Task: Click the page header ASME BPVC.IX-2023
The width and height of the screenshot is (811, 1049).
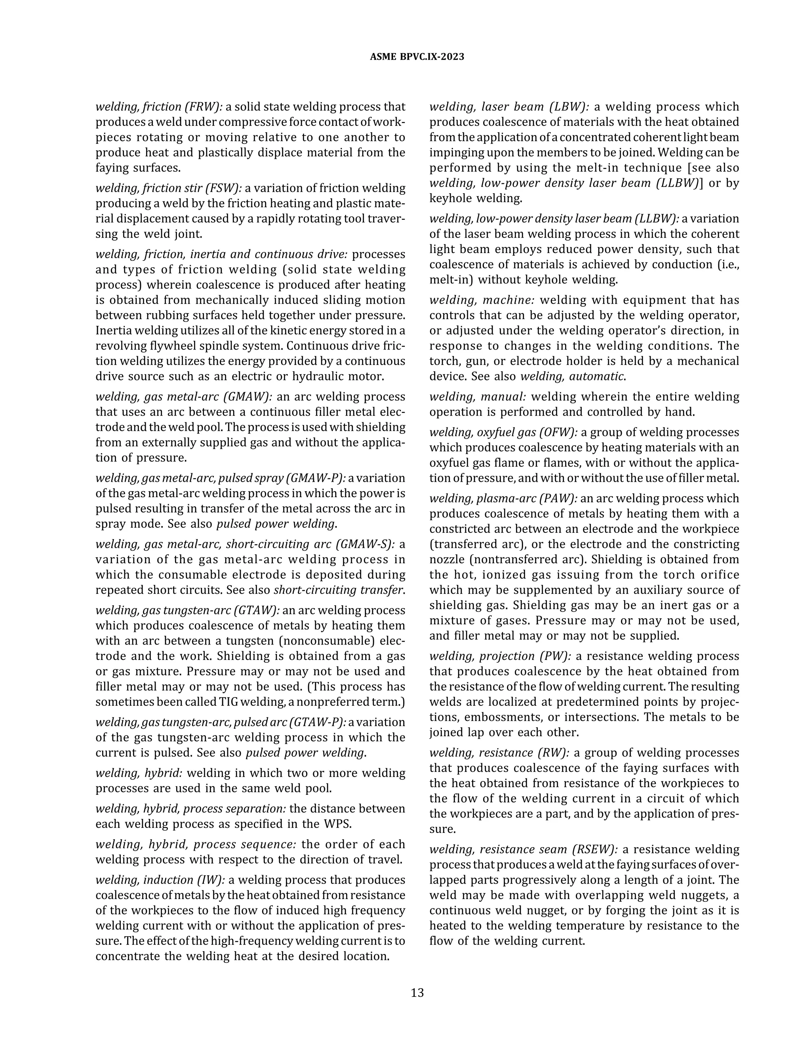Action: pos(417,57)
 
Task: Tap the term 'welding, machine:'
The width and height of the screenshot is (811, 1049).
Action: pos(482,300)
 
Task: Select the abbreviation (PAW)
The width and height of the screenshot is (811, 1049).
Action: pos(559,498)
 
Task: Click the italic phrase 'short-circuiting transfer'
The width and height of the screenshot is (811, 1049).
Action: pos(338,590)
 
